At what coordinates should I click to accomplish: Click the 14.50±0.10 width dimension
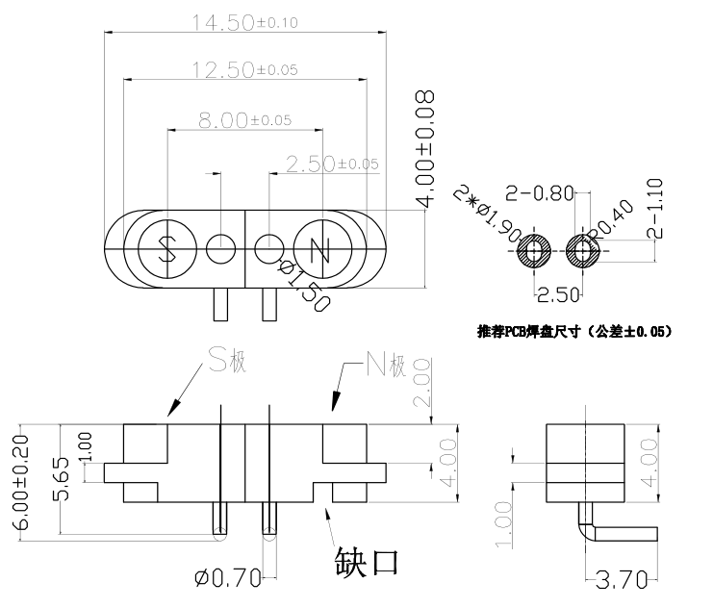coord(244,23)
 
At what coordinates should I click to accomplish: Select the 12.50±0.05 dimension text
coord(244,69)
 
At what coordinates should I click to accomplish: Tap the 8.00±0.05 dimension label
coord(244,120)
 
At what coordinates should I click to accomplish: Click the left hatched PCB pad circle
coord(533,253)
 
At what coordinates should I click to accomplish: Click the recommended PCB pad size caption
coord(573,332)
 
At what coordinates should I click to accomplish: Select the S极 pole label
coord(227,363)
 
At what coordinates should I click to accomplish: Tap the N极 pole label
coord(386,364)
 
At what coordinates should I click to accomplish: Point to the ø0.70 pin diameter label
coord(229,578)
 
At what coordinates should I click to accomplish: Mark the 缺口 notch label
coord(367,560)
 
